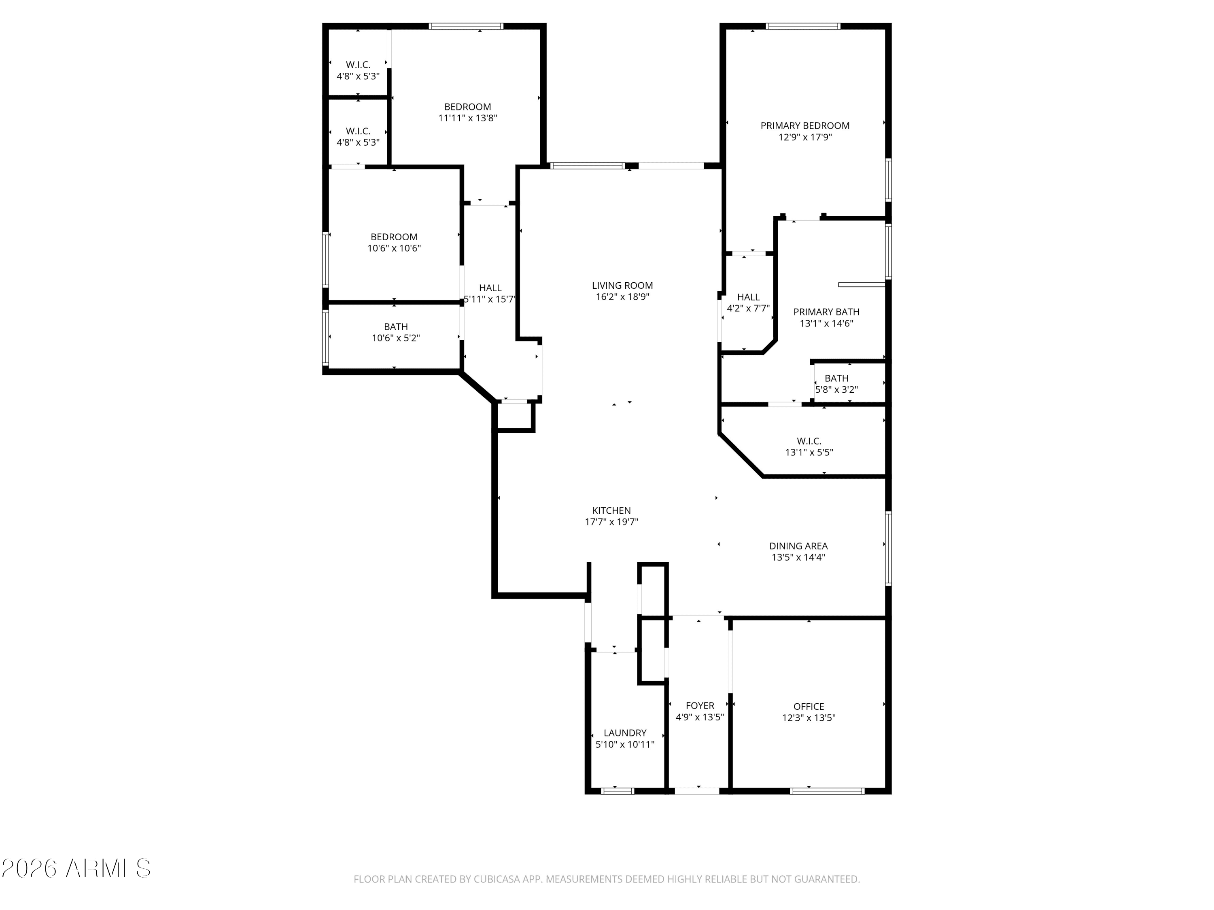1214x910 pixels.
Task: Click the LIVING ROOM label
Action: pyautogui.click(x=622, y=285)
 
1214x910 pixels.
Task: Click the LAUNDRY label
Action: pyautogui.click(x=625, y=733)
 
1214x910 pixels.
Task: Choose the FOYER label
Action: pyautogui.click(x=700, y=706)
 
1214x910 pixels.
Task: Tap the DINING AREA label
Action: pyautogui.click(x=798, y=546)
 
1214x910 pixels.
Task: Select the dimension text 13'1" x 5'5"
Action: pyautogui.click(x=809, y=453)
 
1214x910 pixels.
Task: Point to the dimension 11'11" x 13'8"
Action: pyautogui.click(x=468, y=118)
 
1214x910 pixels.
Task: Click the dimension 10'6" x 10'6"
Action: pyautogui.click(x=394, y=248)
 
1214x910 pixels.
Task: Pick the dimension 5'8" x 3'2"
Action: pyautogui.click(x=836, y=390)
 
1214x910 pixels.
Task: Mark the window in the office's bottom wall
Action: pyautogui.click(x=827, y=791)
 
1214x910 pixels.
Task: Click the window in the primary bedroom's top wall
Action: pyautogui.click(x=803, y=26)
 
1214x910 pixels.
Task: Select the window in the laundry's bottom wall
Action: pyautogui.click(x=618, y=791)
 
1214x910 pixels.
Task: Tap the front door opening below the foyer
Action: pyautogui.click(x=696, y=791)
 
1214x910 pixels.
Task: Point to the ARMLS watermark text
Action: pyautogui.click(x=108, y=868)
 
